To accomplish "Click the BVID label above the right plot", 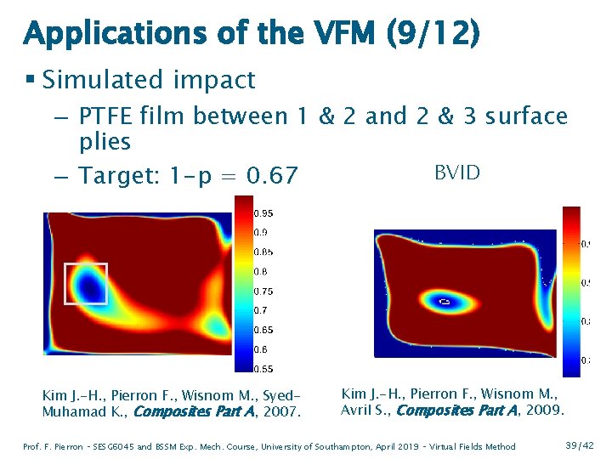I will click(457, 173).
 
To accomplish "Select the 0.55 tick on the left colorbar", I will click(265, 369).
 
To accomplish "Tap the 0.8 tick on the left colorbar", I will click(263, 271).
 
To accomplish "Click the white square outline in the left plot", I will click(86, 284).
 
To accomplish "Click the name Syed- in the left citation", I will click(286, 395).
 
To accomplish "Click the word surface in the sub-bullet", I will click(526, 116).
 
